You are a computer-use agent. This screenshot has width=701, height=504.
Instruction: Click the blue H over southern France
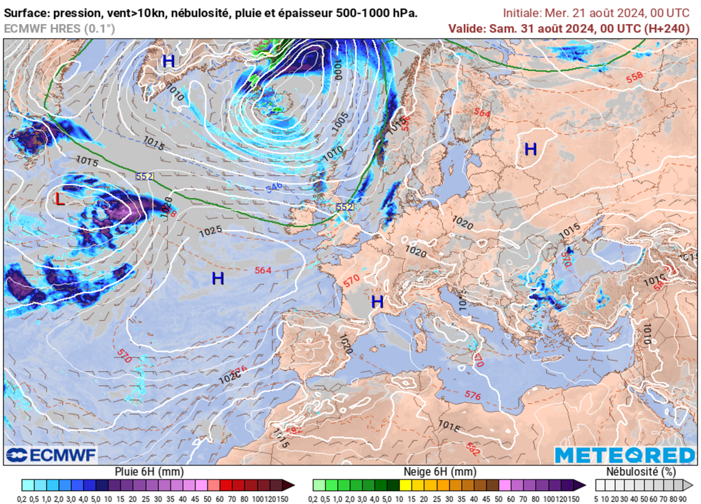pos(377,301)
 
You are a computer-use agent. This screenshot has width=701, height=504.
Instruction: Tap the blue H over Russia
pos(531,149)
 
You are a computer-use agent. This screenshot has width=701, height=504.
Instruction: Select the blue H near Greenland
pos(168,61)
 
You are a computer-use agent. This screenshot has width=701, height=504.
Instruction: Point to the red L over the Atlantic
pos(60,199)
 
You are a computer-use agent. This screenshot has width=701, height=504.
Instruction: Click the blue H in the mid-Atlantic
pos(218,278)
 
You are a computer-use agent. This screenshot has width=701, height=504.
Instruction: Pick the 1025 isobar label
pos(210,231)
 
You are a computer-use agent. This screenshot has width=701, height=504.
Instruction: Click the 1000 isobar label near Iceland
pos(337,69)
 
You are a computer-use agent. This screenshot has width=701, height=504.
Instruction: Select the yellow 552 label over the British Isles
pos(344,207)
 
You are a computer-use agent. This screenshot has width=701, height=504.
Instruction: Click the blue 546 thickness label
pos(274,186)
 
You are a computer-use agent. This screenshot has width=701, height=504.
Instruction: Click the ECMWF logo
pos(51,455)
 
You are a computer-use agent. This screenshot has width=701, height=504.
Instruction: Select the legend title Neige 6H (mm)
pos(438,472)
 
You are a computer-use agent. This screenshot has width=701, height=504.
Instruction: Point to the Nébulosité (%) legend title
pos(641,472)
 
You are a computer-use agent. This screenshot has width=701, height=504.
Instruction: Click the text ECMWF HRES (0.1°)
pos(60,28)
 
